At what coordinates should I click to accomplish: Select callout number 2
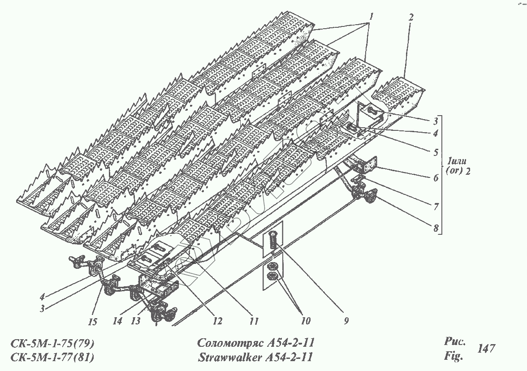pos(411,17)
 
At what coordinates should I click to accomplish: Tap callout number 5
pos(435,152)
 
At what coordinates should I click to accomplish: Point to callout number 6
pos(435,177)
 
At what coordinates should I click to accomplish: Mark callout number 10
pos(306,321)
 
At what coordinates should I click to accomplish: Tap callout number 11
pos(254,321)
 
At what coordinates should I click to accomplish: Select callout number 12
pos(218,321)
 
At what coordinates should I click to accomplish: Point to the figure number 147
pos(487,348)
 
